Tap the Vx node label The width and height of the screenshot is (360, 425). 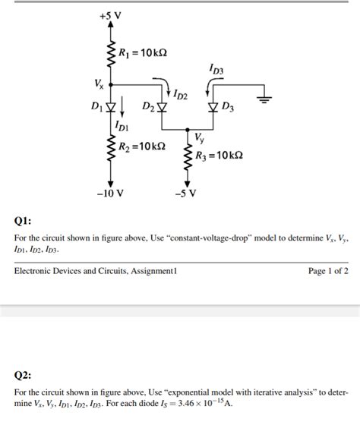97,81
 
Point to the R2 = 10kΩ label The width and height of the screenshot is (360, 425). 142,146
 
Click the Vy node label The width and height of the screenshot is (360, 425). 199,137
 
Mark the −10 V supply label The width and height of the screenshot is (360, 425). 111,193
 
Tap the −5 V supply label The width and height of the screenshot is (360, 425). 185,193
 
